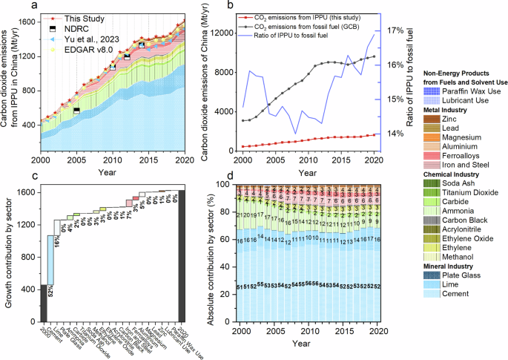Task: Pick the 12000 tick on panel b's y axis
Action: [223, 33]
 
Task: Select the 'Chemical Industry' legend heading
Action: [451, 174]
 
